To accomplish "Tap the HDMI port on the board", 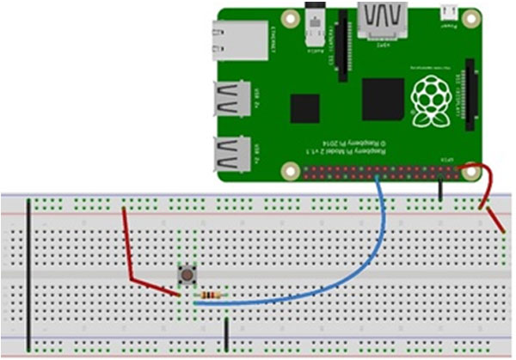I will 383,21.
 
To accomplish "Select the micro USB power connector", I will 447,14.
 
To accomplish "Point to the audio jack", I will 317,30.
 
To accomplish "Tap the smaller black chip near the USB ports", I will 304,109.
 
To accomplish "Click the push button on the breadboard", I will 186,275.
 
